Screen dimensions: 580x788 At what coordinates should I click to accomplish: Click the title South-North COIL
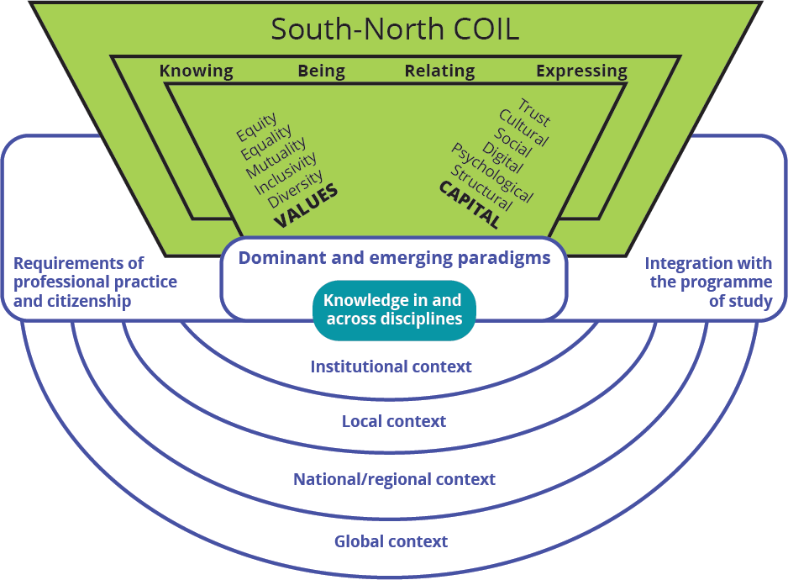(394, 29)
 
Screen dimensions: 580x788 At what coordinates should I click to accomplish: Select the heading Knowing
(196, 71)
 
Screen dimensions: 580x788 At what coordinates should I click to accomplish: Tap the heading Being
(321, 71)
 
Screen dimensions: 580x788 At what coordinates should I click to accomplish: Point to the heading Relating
(439, 71)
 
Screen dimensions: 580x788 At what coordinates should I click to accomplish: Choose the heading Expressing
(581, 71)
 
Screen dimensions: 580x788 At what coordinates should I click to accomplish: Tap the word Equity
(256, 127)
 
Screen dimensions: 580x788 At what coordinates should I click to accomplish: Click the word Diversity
(296, 188)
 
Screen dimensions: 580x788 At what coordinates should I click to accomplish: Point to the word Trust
(534, 110)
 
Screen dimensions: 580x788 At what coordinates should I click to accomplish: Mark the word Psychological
(491, 172)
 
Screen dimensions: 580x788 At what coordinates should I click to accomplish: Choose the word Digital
(502, 156)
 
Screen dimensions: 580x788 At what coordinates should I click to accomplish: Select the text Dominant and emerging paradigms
(394, 257)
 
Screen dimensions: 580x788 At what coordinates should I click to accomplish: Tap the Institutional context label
(391, 366)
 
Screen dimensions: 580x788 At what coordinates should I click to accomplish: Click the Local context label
(393, 421)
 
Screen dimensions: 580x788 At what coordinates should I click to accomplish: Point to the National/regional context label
(394, 479)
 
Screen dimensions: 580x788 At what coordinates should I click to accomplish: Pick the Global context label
(391, 541)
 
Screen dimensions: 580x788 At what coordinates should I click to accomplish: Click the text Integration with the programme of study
(711, 282)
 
